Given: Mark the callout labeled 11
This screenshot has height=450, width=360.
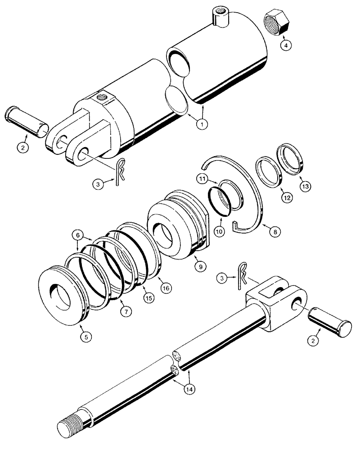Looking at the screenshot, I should tap(202, 179).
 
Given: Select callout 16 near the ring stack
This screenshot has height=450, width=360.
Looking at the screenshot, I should tap(166, 286).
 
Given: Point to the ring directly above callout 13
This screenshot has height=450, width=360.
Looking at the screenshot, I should tap(292, 157).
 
